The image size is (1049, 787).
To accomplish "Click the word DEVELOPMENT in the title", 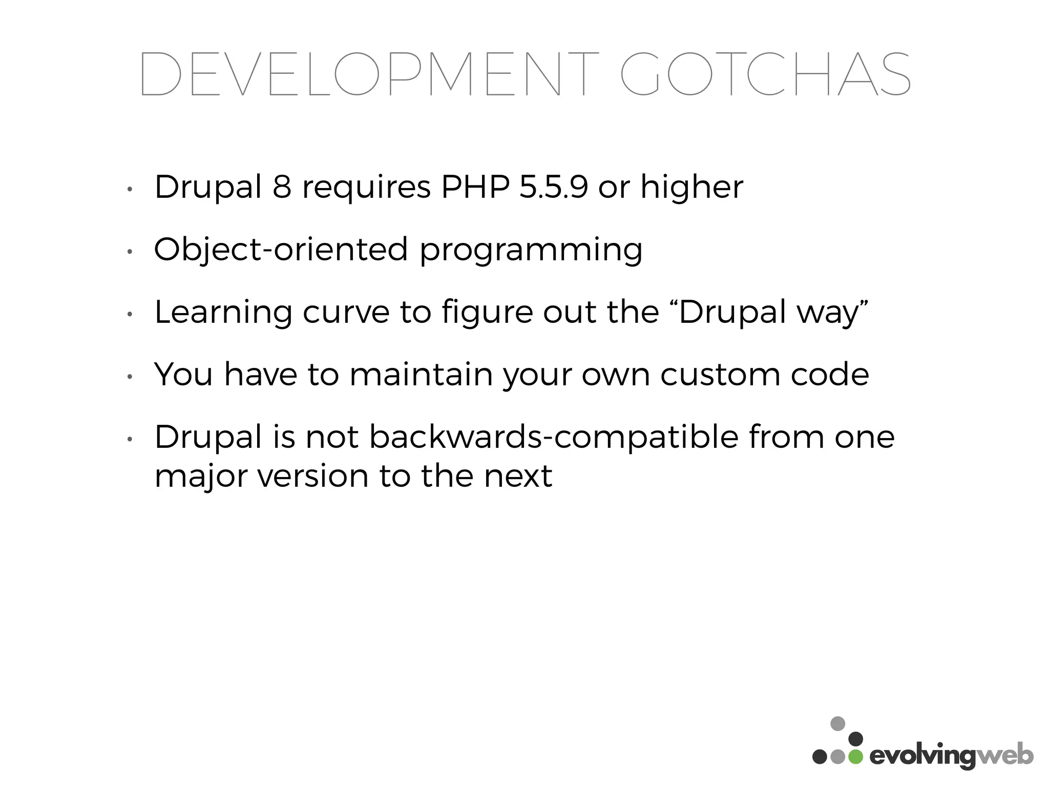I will click(369, 75).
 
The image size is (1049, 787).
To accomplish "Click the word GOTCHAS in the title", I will click(765, 75).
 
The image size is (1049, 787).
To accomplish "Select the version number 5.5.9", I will click(554, 187).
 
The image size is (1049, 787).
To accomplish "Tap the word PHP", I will click(475, 187).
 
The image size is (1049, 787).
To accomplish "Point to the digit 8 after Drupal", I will click(282, 187).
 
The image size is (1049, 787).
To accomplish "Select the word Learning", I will click(223, 313).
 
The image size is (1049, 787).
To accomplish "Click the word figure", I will click(487, 313).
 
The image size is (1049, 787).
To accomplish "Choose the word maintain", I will click(421, 375).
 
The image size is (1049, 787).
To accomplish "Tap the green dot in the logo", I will click(855, 757).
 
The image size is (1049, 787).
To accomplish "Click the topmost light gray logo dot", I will click(837, 723).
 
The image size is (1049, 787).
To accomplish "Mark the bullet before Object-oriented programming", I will click(130, 252).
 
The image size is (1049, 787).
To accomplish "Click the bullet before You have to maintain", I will click(130, 377).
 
